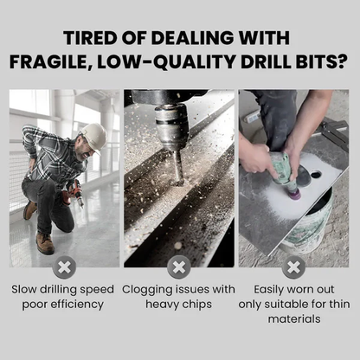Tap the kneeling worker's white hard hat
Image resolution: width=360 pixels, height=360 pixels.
[x=92, y=135]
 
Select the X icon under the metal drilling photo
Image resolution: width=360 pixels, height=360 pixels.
[x=179, y=266]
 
